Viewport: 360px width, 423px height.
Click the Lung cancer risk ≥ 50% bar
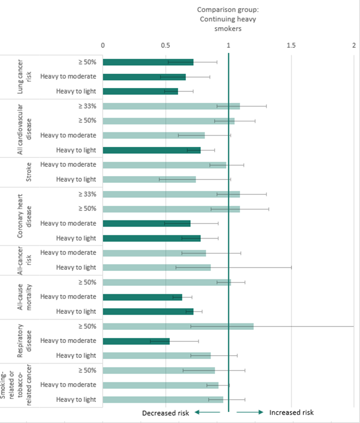coord(148,62)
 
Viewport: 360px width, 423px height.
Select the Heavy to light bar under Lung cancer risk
coord(140,91)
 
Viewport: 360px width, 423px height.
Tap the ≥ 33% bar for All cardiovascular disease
coord(171,106)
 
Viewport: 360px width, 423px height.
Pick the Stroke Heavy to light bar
coord(149,179)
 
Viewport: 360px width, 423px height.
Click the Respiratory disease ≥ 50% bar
coord(178,326)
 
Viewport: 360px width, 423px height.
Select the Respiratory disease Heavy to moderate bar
coord(136,340)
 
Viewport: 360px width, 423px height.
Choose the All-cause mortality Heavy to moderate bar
coord(142,297)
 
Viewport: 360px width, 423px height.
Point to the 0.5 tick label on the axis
coord(165,46)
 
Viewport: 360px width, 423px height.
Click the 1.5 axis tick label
coord(291,46)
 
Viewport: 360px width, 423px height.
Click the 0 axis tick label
coord(103,46)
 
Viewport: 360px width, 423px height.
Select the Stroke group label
coord(21,172)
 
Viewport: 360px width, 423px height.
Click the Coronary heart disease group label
coord(21,216)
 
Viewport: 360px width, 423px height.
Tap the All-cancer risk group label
coord(21,260)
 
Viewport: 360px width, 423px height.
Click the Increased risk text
coord(292,412)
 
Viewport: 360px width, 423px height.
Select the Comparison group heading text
coord(228,19)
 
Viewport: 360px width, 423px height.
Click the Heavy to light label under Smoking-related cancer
coord(76,399)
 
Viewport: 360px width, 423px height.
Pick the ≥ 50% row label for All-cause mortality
coord(86,282)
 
